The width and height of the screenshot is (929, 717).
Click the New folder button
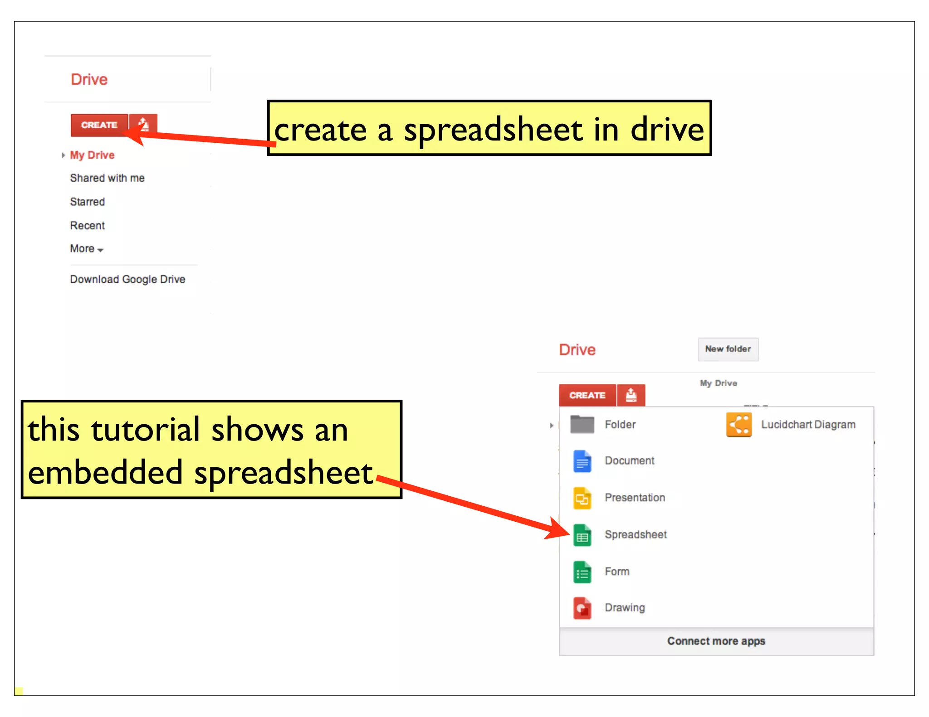pyautogui.click(x=728, y=349)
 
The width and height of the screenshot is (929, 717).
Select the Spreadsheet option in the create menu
pyautogui.click(x=635, y=535)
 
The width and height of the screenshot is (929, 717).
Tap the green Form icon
pyautogui.click(x=582, y=572)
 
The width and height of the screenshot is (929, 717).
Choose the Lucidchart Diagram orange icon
pyautogui.click(x=738, y=425)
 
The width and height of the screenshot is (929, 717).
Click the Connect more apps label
pyautogui.click(x=716, y=641)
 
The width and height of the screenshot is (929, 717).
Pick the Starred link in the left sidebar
pyautogui.click(x=87, y=202)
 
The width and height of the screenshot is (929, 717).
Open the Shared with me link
pyautogui.click(x=107, y=178)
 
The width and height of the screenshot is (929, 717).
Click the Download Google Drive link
pyautogui.click(x=127, y=279)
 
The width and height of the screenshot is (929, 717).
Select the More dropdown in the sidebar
pyautogui.click(x=86, y=249)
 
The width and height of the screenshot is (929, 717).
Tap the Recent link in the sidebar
pyautogui.click(x=87, y=226)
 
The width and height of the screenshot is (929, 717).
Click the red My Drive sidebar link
pyautogui.click(x=92, y=155)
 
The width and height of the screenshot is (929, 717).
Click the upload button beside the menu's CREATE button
pyautogui.click(x=631, y=395)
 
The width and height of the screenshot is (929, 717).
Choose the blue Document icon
pyautogui.click(x=582, y=461)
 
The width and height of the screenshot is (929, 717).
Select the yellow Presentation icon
pyautogui.click(x=582, y=498)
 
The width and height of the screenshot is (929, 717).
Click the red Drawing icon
pyautogui.click(x=582, y=608)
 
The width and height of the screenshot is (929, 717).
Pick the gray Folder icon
pyautogui.click(x=582, y=425)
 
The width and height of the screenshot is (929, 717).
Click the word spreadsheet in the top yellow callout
pyautogui.click(x=493, y=131)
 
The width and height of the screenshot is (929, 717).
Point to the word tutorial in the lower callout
pyautogui.click(x=145, y=430)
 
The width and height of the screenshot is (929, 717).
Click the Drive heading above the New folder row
pyautogui.click(x=577, y=350)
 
